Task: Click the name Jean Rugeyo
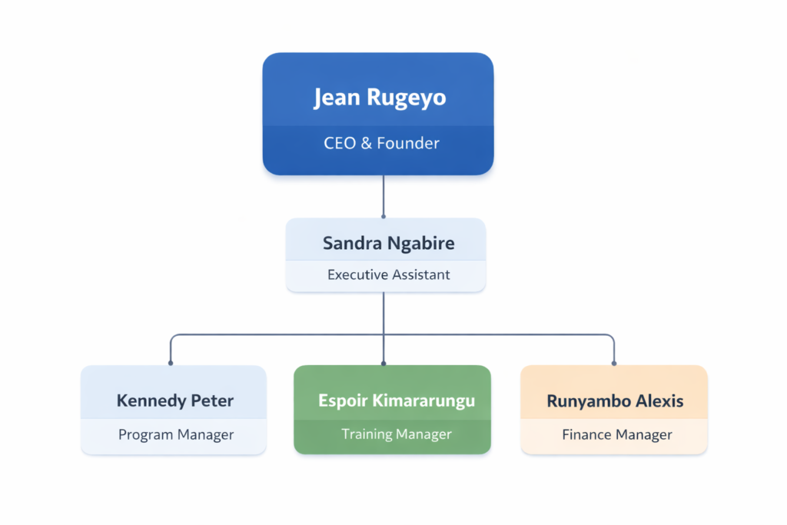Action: [x=380, y=98]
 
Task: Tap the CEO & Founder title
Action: [x=381, y=143]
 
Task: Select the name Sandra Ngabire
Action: [x=388, y=244]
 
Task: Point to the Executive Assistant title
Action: [x=388, y=274]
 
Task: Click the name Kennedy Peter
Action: [x=175, y=400]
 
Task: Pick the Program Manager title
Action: [x=176, y=435]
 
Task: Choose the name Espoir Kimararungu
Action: [x=397, y=400]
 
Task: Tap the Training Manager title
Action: [x=397, y=434]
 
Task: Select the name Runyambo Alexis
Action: [x=615, y=400]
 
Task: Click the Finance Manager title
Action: [x=617, y=435]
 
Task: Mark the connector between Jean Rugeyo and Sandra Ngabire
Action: [x=384, y=195]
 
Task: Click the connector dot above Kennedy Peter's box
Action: [x=171, y=363]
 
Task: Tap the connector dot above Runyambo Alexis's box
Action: [x=614, y=363]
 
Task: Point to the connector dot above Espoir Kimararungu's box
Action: [x=384, y=363]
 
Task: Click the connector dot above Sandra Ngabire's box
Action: [x=384, y=216]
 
